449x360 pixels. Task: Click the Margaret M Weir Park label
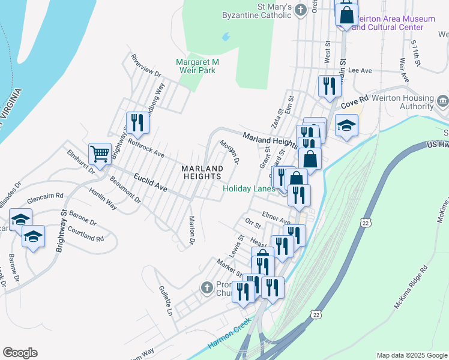(197, 66)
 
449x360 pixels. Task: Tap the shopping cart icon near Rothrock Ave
(99, 152)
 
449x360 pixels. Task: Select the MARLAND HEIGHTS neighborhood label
(202, 172)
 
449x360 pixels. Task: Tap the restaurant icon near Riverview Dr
(137, 122)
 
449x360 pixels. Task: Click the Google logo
(20, 353)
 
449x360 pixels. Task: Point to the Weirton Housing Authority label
(408, 102)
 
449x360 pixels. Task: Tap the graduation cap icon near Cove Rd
(346, 125)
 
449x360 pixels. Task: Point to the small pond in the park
(225, 37)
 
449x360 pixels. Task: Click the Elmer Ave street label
(276, 217)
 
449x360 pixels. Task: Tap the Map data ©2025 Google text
(411, 355)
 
